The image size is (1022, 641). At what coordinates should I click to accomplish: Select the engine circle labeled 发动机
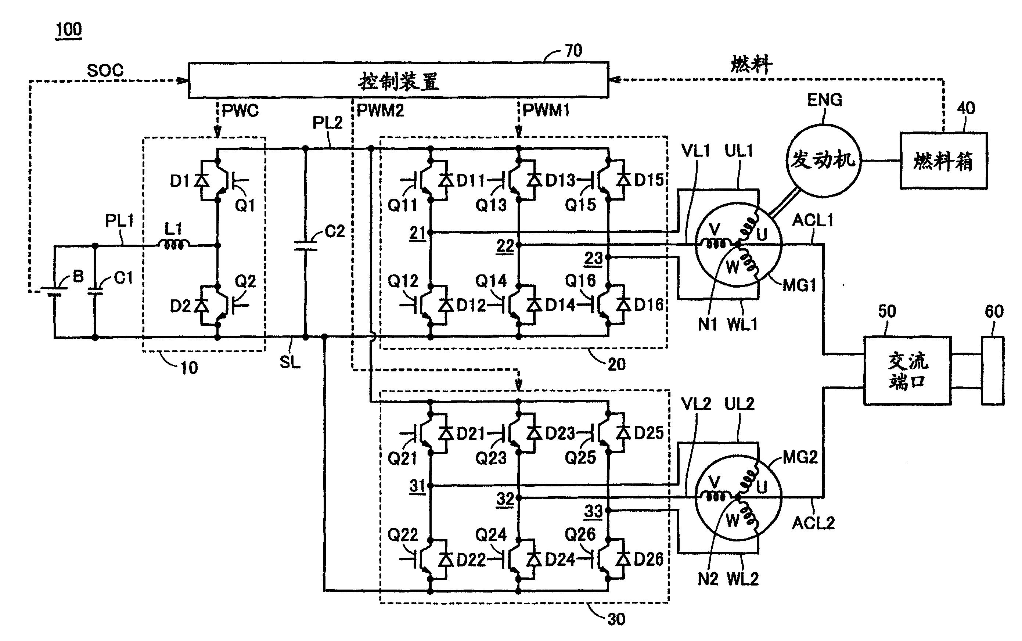[x=823, y=161]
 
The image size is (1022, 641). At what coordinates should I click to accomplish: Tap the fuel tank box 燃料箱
[x=944, y=161]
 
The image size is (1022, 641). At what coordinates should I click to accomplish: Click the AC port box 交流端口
[x=907, y=371]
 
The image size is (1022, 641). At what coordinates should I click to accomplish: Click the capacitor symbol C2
[x=305, y=246]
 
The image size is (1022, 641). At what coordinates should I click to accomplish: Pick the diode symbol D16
[x=623, y=305]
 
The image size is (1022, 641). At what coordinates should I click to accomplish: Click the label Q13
[x=491, y=205]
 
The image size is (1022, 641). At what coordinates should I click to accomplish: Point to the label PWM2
[x=380, y=110]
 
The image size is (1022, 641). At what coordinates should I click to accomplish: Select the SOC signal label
[x=105, y=71]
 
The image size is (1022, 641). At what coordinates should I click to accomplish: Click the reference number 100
[x=69, y=30]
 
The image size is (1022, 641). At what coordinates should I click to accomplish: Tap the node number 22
[x=505, y=246]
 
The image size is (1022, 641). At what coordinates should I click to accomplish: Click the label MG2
[x=800, y=457]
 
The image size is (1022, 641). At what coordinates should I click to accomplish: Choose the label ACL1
[x=813, y=220]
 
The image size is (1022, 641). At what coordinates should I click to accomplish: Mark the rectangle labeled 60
[x=993, y=371]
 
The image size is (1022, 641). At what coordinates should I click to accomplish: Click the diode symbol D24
[x=534, y=559]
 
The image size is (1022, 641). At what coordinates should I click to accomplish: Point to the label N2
[x=708, y=579]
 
